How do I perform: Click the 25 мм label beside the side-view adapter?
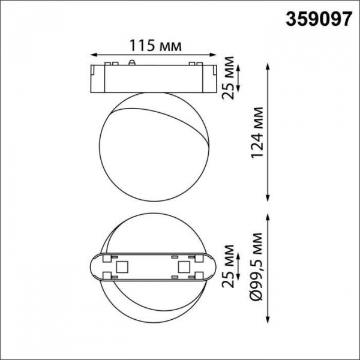click(229, 75)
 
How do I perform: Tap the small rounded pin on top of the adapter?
click(131, 62)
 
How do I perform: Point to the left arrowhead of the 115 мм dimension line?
click(91, 55)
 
